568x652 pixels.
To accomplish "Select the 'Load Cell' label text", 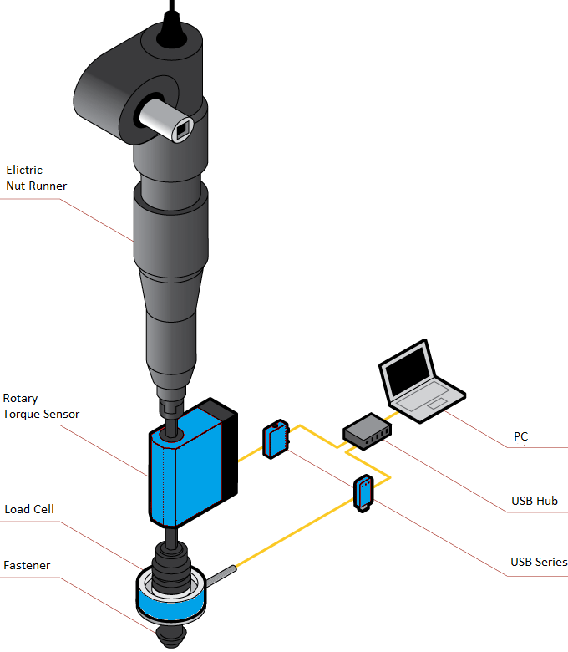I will pos(29,509).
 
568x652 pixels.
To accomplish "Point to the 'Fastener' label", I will pos(28,566).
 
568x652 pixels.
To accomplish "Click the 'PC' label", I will pos(520,436).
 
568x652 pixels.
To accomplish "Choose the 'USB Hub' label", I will pos(535,502).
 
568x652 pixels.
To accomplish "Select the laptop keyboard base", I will pos(428,405).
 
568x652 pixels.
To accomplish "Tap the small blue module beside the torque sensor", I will pos(276,440).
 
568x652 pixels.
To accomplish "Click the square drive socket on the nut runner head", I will pos(184,130).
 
